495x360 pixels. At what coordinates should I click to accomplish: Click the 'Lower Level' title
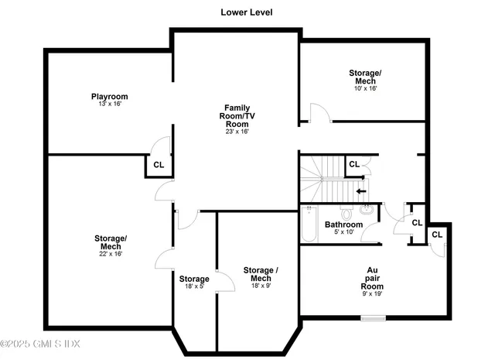pyautogui.click(x=246, y=12)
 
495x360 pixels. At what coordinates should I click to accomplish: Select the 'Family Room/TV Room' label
pyautogui.click(x=237, y=115)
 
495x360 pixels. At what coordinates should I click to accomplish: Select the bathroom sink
pyautogui.click(x=367, y=209)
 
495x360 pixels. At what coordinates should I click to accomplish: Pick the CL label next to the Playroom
pyautogui.click(x=158, y=165)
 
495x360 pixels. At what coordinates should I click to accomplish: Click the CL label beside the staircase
pyautogui.click(x=353, y=164)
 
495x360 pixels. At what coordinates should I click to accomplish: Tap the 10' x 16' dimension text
pyautogui.click(x=366, y=88)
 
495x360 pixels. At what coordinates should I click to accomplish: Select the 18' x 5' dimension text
pyautogui.click(x=194, y=286)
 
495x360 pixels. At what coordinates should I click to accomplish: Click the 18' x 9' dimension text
pyautogui.click(x=260, y=286)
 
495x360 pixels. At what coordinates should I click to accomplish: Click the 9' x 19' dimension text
pyautogui.click(x=372, y=293)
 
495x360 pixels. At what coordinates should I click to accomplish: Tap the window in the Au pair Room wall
pyautogui.click(x=373, y=317)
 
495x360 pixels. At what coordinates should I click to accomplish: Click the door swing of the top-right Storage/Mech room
pyautogui.click(x=319, y=115)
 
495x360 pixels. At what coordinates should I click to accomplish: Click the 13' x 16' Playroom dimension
pyautogui.click(x=108, y=104)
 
